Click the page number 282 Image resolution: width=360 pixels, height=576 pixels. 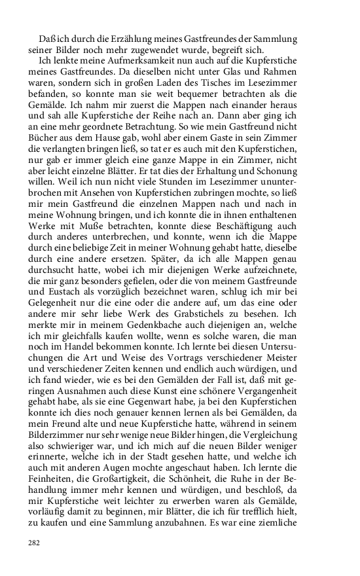click(34, 543)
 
